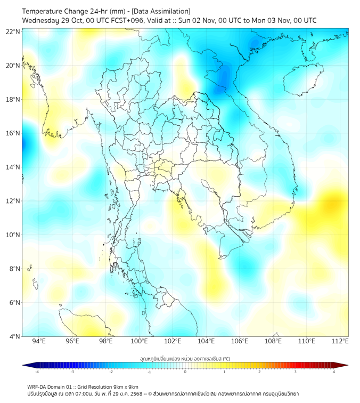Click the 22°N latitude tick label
point(13,31)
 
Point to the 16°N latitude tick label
point(13,133)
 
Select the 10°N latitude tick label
point(13,235)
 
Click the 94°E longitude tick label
point(39,341)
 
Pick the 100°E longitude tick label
point(139,341)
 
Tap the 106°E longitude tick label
point(240,341)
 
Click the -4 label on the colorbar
point(37,372)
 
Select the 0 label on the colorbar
point(185,372)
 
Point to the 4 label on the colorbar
point(333,372)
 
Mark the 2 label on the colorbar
point(259,372)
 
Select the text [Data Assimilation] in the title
point(160,11)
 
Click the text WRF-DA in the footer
point(36,386)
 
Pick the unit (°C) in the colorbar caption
point(225,358)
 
